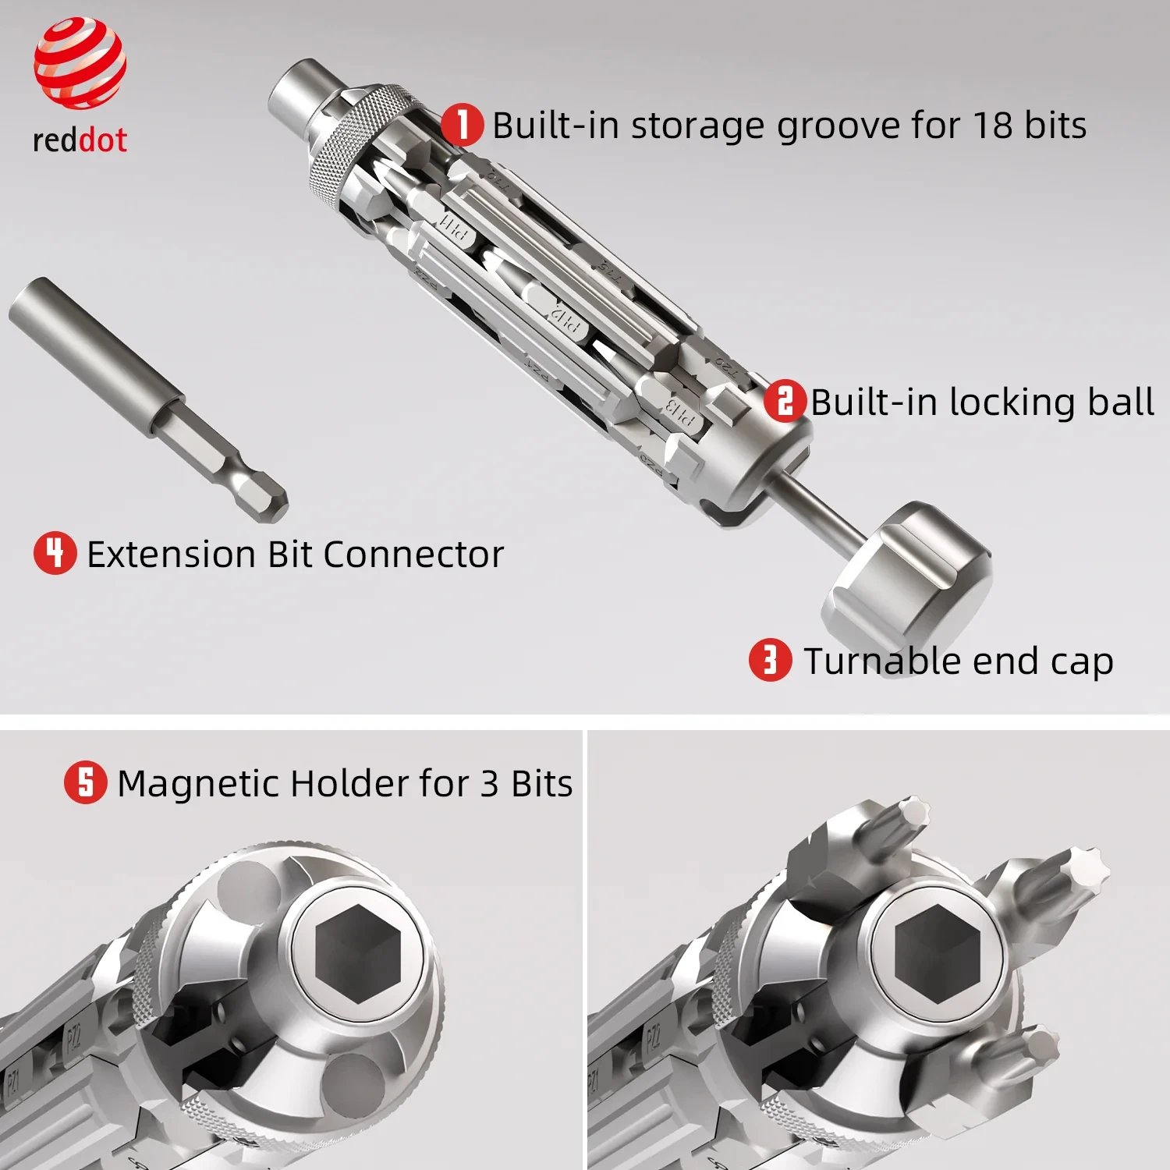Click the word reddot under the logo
pyautogui.click(x=80, y=140)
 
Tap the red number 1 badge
pyautogui.click(x=463, y=125)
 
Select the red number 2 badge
pyautogui.click(x=785, y=401)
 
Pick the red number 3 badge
pyautogui.click(x=770, y=660)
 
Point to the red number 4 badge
pyautogui.click(x=55, y=553)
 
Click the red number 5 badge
pyautogui.click(x=85, y=782)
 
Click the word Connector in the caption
pyautogui.click(x=413, y=555)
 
